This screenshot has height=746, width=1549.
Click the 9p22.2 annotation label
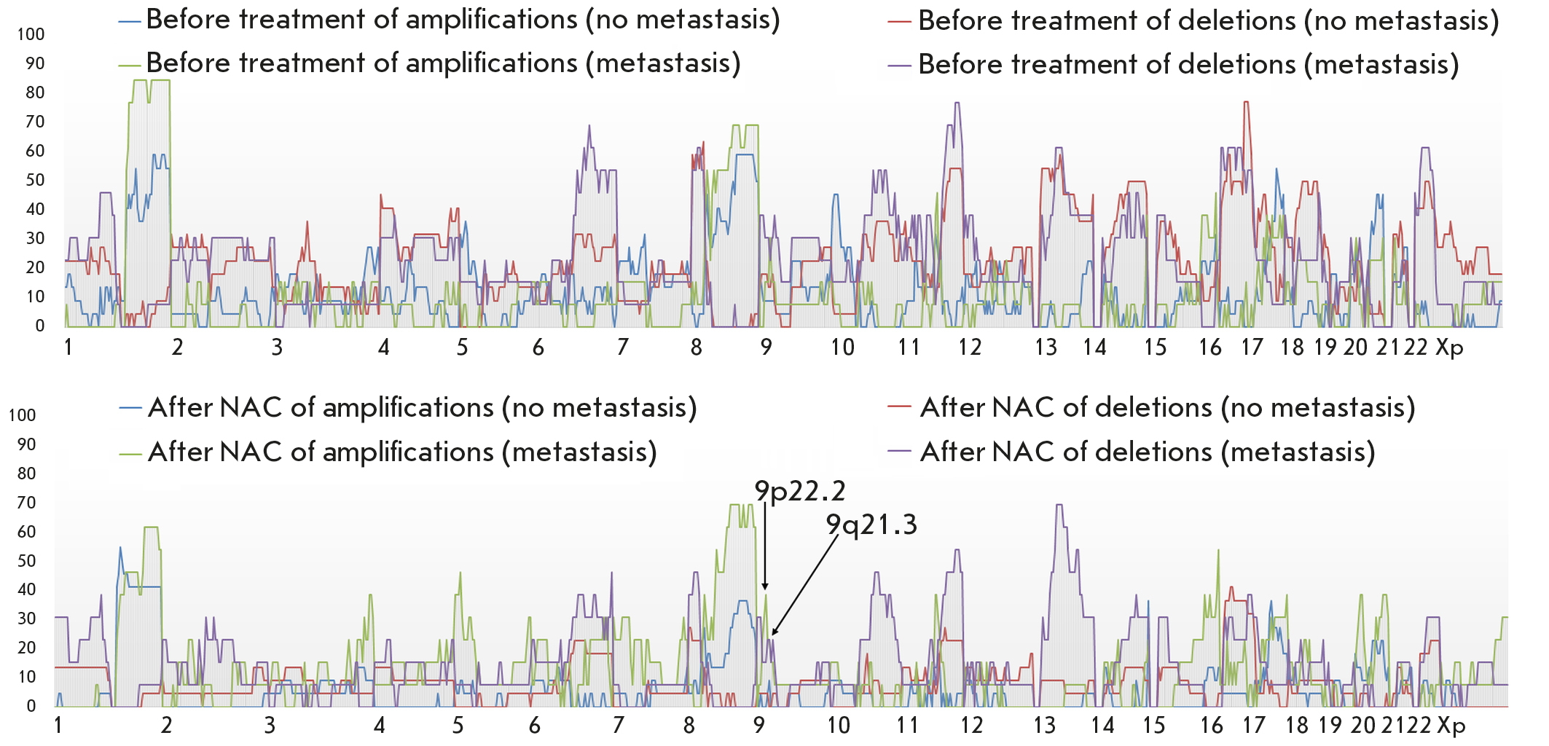click(x=799, y=492)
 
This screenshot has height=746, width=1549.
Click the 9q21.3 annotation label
click(x=871, y=525)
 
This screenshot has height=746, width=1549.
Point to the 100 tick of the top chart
click(x=31, y=34)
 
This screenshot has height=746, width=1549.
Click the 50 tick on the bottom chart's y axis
click(x=26, y=560)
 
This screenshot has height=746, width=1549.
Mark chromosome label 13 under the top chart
click(x=1046, y=348)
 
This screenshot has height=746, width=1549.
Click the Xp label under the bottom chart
click(x=1451, y=726)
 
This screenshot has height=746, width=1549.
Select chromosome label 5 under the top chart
click(x=462, y=348)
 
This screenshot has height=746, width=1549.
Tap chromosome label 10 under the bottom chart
click(x=839, y=726)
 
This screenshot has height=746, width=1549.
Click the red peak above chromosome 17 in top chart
click(x=1246, y=103)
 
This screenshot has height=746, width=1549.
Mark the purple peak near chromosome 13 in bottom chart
click(x=1059, y=505)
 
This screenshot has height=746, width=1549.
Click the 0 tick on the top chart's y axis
click(x=39, y=326)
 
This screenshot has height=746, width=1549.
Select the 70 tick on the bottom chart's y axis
click(x=26, y=502)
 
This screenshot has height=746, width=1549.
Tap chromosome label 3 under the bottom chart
click(x=270, y=726)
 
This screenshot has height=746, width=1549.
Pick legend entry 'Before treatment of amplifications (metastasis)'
click(x=443, y=63)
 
